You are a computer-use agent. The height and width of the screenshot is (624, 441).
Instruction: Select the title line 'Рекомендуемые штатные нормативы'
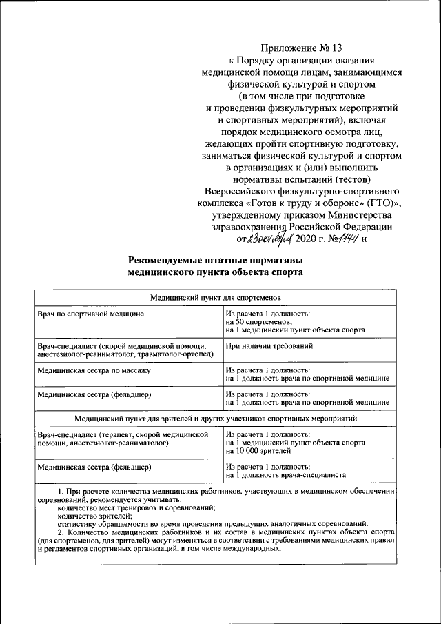point(215,260)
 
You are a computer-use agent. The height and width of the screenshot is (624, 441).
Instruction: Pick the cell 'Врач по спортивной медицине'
point(90,314)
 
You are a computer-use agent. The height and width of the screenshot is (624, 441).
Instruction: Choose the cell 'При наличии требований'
point(269,345)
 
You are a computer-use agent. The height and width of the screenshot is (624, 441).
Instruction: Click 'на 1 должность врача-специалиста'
point(285,474)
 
